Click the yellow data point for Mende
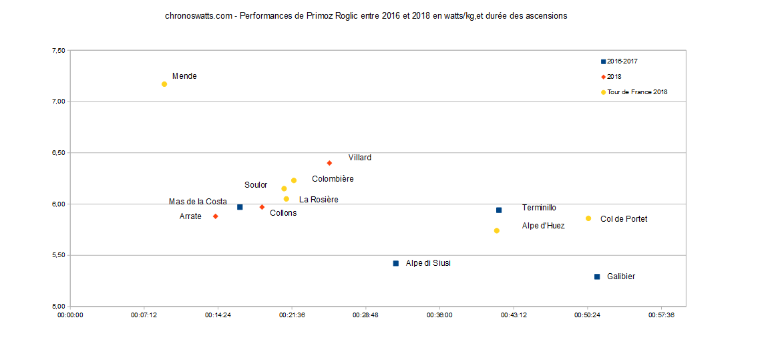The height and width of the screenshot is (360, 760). coord(164,84)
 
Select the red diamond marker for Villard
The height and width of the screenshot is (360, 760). coord(329,163)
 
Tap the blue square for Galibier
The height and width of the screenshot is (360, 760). coord(597,277)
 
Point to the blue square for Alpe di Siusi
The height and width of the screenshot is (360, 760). coord(396,263)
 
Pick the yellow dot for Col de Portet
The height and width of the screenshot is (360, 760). coord(588,218)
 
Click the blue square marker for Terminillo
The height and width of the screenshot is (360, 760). coord(499,210)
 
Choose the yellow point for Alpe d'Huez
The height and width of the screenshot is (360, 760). coord(497,230)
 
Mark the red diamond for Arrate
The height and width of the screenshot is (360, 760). coord(216,216)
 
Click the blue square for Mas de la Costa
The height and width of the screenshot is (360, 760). coord(240,207)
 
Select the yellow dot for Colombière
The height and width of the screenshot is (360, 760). coord(294,180)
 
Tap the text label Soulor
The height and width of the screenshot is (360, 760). coord(256,185)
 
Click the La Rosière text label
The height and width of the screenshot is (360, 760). coord(319,199)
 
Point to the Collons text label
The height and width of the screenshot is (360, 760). coord(283,213)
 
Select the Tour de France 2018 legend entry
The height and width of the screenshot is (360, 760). coord(636,92)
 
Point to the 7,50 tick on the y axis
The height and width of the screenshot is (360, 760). coord(58,51)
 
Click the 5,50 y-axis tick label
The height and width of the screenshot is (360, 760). coord(58,255)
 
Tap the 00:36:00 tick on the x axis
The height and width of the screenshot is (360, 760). coord(439,315)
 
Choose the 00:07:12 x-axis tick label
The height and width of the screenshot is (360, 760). coord(144,315)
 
